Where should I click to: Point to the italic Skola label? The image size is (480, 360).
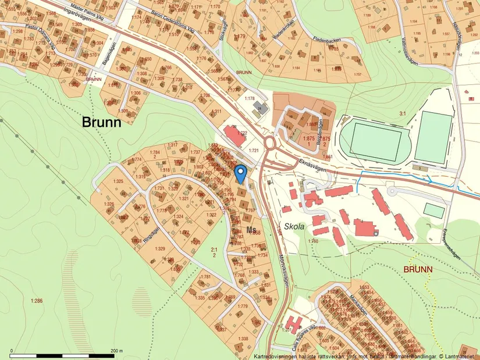click(x=294, y=226)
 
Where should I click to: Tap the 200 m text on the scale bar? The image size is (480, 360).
click(x=116, y=351)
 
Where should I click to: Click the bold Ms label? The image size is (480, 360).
click(x=251, y=229)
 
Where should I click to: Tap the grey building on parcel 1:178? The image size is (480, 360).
click(x=259, y=108)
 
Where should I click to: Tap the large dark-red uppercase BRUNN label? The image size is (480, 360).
click(x=418, y=269)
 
